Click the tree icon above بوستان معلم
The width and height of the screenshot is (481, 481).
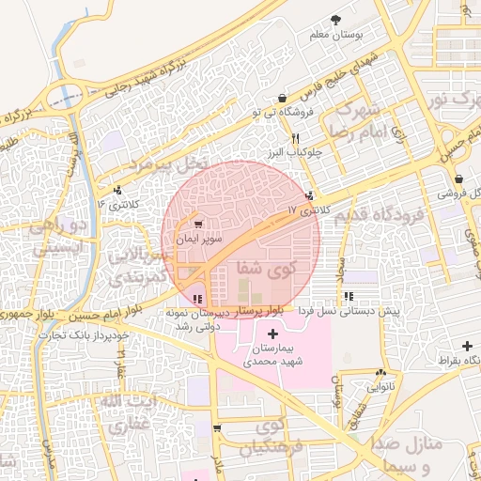[336, 20]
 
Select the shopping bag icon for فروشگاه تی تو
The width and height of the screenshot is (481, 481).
[283, 97]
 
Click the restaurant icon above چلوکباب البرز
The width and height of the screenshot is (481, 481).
[296, 137]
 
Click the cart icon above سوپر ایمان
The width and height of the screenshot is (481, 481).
[198, 225]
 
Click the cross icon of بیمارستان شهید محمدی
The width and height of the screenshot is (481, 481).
[272, 334]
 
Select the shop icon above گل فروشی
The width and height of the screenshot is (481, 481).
[458, 178]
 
